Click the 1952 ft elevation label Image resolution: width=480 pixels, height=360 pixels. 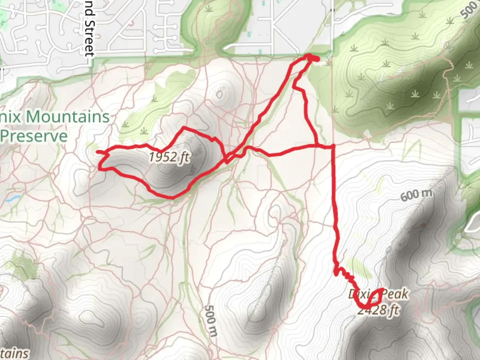[169, 157]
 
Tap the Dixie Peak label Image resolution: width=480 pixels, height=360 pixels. [378, 294]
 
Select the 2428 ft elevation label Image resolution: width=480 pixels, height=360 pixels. [378, 310]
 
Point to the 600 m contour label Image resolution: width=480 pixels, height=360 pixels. [416, 194]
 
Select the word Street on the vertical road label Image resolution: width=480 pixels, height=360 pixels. [90, 38]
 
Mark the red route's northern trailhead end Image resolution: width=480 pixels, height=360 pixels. [316, 59]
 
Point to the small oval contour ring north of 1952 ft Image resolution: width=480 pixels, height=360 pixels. [219, 94]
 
